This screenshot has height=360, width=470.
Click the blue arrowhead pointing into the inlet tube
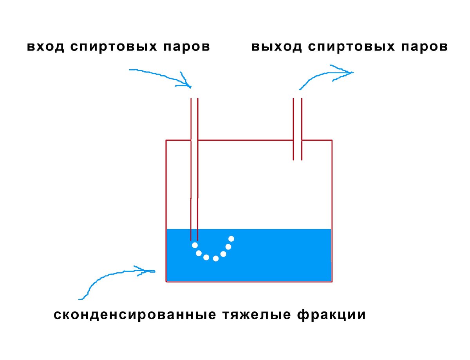click(x=187, y=83)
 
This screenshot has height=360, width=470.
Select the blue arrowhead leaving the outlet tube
click(x=349, y=72)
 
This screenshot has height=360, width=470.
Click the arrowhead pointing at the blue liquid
click(x=151, y=270)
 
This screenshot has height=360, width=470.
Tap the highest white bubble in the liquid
click(x=231, y=239)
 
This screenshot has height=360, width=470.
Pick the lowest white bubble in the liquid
click(x=215, y=259)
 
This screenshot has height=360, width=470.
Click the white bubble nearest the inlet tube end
click(x=195, y=245)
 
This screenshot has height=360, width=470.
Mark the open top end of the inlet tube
click(x=194, y=98)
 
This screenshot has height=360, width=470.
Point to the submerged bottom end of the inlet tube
click(x=194, y=240)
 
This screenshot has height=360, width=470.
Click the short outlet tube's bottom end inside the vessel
click(x=298, y=159)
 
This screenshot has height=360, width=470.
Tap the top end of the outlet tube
click(x=298, y=98)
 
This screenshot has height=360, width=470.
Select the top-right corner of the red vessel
click(x=332, y=140)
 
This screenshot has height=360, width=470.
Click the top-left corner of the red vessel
click(x=166, y=140)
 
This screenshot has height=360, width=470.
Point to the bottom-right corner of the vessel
click(x=332, y=281)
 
